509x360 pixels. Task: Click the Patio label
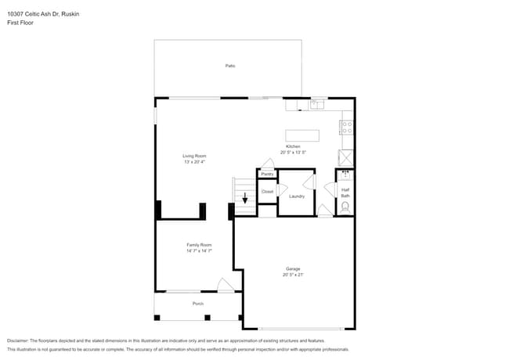tap(230, 66)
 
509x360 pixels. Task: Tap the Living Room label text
tap(194, 156)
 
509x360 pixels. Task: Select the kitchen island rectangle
tap(302, 135)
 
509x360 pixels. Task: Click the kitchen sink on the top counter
tap(317, 104)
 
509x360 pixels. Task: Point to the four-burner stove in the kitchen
tap(347, 127)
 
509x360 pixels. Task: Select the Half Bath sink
tap(345, 175)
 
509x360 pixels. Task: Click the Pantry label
tap(267, 174)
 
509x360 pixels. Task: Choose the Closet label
tap(267, 191)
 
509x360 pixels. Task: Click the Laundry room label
tap(297, 196)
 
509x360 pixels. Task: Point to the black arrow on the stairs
tap(245, 199)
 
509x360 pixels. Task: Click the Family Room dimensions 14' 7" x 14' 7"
tap(199, 251)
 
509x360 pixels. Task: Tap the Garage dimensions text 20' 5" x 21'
tap(293, 275)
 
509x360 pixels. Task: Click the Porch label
tap(198, 304)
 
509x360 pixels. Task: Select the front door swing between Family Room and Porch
tap(226, 286)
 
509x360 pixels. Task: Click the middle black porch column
tap(207, 318)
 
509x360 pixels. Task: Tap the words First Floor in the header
tap(21, 23)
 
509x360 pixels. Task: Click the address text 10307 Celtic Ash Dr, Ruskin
tap(43, 14)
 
